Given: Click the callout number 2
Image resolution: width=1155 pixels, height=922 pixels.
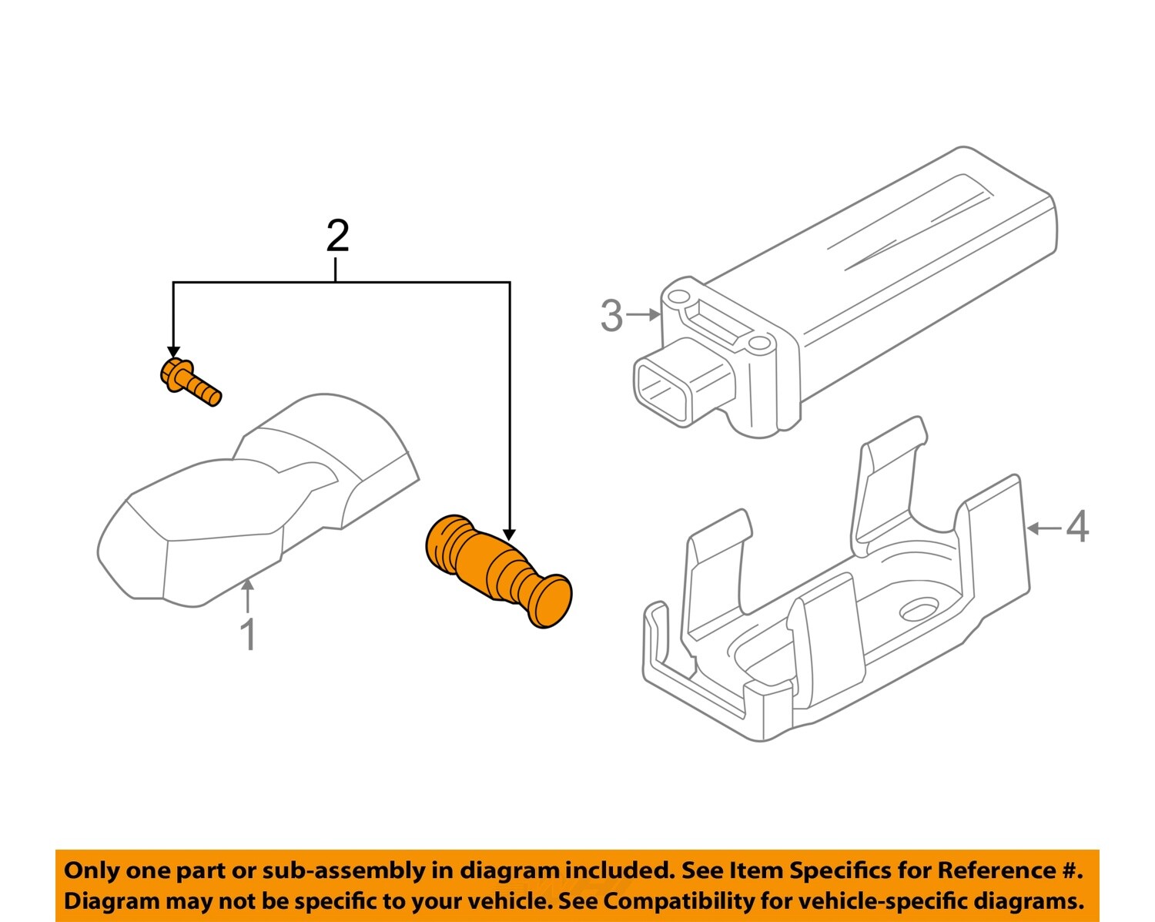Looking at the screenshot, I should click(337, 236).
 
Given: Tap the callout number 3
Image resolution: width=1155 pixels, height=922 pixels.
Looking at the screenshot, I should click(611, 316).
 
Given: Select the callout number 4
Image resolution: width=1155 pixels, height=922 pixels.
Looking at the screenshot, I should click(1077, 528).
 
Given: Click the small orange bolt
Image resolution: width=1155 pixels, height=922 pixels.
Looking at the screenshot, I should click(190, 382).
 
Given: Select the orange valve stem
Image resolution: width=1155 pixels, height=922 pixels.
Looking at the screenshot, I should click(497, 571).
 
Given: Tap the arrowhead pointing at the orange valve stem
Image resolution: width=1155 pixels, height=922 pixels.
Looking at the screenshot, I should click(509, 533).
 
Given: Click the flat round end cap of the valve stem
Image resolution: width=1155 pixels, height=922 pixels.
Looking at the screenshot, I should click(551, 601).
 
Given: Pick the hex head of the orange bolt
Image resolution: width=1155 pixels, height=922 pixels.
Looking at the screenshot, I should click(173, 374).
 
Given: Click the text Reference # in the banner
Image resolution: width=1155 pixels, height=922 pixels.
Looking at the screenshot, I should click(1009, 871).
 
